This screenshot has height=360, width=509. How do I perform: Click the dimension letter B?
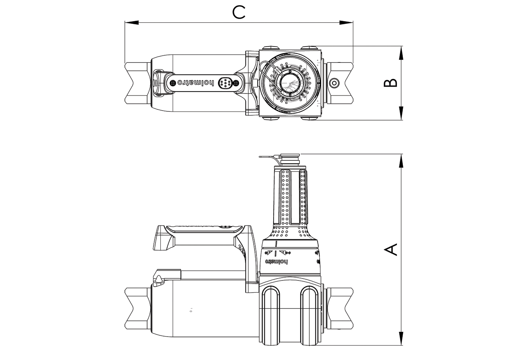391,82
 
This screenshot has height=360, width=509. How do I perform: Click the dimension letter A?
391,249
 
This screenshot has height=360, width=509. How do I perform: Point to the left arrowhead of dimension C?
131,23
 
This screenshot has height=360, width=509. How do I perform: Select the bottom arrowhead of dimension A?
401,339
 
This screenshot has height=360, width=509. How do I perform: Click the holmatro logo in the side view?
276,261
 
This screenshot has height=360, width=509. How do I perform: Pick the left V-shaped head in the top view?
138,83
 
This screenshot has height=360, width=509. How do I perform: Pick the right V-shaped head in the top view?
340,83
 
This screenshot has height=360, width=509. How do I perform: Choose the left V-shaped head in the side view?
138,308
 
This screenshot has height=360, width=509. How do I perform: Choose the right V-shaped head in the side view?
340,308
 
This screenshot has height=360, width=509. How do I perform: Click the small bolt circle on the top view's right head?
334,83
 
